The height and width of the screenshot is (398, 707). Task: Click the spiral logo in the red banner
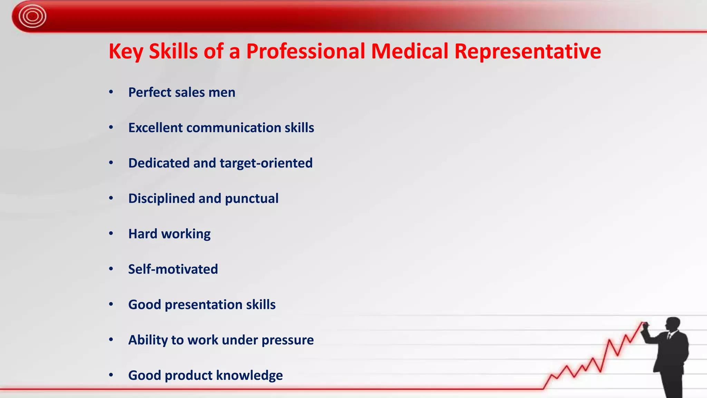point(32,16)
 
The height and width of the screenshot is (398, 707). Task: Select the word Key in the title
point(126,51)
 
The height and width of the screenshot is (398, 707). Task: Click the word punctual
point(251,199)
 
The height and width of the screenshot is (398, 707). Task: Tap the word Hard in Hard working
point(143,234)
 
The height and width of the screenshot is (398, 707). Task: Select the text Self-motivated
point(173,269)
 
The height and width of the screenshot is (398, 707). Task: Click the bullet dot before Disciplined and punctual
point(111,198)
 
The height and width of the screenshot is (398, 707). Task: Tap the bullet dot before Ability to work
point(111,340)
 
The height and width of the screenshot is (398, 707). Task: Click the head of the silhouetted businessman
point(673,324)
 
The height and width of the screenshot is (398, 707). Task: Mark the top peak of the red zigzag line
point(643,322)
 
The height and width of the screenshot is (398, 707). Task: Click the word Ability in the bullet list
point(148,340)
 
